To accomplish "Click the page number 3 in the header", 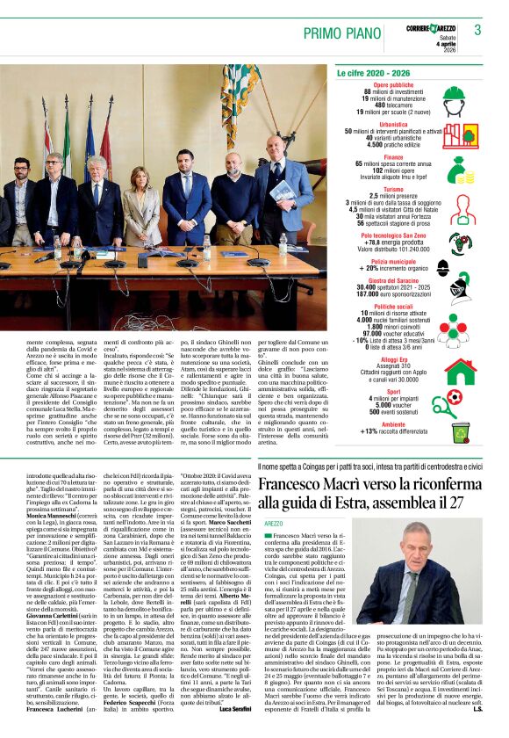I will [477, 30].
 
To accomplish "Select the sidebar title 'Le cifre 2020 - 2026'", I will [374, 74].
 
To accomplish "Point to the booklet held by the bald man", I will [283, 191].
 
